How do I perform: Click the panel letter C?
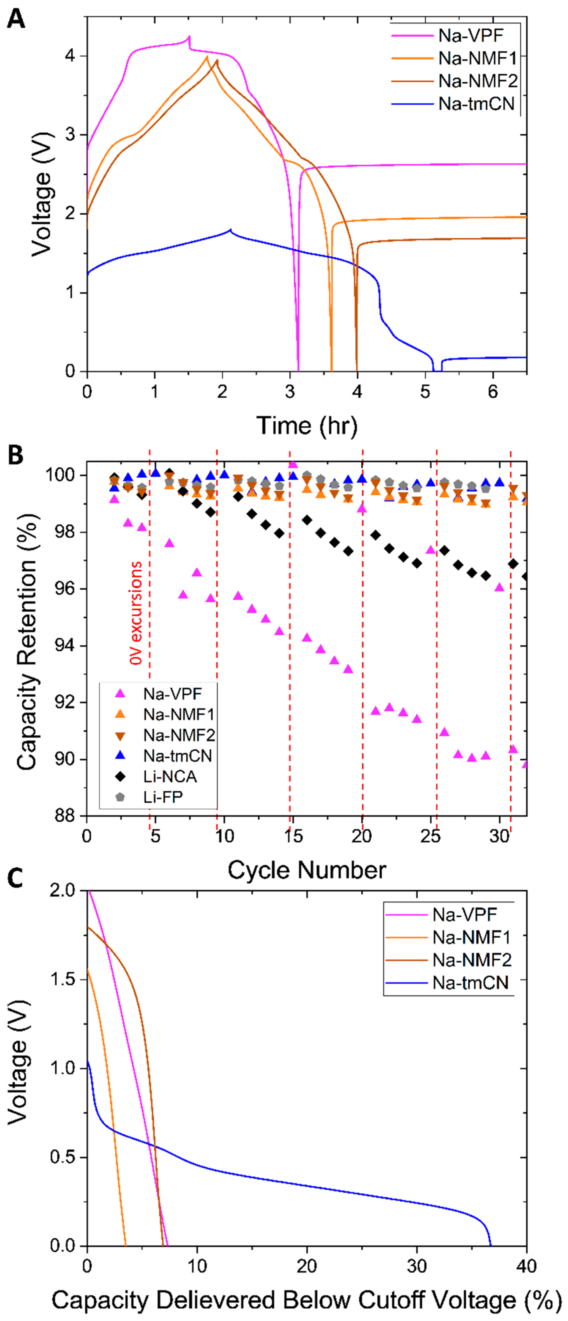point(15,878)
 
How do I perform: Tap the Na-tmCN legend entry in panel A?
point(476,104)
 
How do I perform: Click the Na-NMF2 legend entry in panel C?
point(472,959)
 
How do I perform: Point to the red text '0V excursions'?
point(136,613)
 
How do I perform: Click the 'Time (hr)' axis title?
point(307,426)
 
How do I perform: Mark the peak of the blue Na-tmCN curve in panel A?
point(231,230)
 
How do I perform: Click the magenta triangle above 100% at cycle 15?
point(293,464)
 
